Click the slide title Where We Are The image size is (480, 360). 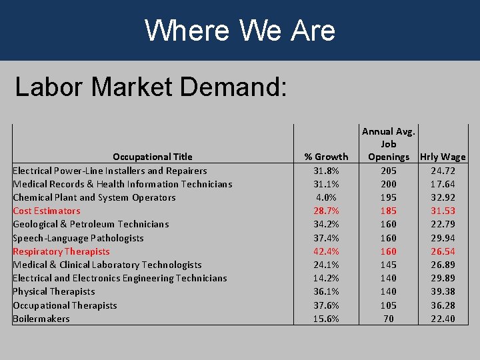(240, 30)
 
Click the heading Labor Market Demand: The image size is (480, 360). (151, 87)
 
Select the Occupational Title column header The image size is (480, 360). (152, 157)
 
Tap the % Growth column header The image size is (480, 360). (326, 157)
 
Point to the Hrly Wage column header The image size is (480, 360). (443, 157)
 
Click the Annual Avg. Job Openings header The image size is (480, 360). (389, 144)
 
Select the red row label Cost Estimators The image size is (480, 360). (47, 211)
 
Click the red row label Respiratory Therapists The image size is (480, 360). (61, 251)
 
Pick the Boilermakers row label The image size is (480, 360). (41, 319)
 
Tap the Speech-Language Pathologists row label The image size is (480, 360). (78, 238)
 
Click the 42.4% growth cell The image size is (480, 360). (326, 251)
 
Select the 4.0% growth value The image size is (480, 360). (326, 197)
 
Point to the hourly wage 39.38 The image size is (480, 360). (443, 291)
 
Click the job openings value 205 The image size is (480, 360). (389, 171)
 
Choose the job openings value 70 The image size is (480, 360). (389, 319)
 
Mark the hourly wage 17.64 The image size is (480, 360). (443, 184)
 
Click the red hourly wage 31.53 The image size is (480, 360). (443, 211)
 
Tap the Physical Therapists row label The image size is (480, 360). (54, 291)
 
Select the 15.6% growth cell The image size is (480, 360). (326, 319)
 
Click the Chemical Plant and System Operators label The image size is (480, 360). (94, 197)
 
